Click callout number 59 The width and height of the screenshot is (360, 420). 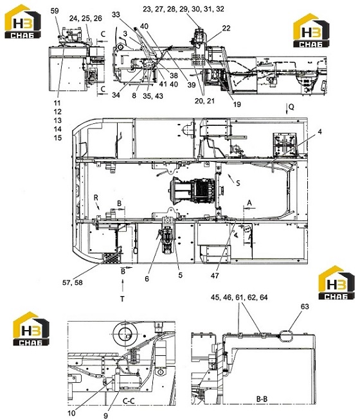(x=55, y=11)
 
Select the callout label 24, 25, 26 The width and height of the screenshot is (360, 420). (x=85, y=18)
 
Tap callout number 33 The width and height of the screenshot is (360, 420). (x=116, y=15)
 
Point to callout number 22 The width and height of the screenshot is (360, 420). (x=226, y=28)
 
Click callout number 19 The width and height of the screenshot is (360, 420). (x=237, y=104)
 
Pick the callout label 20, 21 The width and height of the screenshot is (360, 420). (x=204, y=101)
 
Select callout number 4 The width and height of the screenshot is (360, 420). (x=319, y=132)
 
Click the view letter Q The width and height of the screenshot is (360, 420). (x=291, y=107)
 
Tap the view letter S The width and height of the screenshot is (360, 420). (x=238, y=183)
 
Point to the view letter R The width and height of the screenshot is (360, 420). (x=96, y=198)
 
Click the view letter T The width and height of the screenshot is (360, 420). (x=122, y=299)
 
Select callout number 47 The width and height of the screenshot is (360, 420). (x=215, y=276)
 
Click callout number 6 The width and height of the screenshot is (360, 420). (x=147, y=279)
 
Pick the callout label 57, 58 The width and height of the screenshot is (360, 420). (x=73, y=283)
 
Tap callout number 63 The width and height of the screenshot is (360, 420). (x=305, y=306)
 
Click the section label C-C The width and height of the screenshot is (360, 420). (x=129, y=401)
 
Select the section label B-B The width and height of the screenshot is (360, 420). (x=262, y=399)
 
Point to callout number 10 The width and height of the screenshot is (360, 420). (x=71, y=414)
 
